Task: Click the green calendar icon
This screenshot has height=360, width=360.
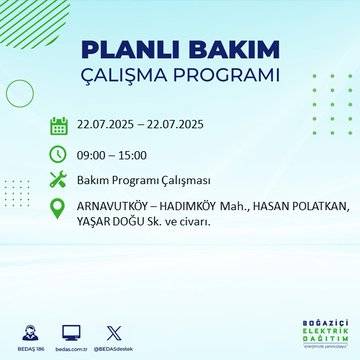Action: click(59, 126)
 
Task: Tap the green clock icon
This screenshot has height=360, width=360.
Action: click(59, 153)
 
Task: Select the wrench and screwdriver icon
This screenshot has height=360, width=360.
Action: click(59, 180)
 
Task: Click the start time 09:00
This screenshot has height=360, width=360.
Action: click(95, 153)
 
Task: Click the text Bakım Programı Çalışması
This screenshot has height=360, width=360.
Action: click(146, 180)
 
